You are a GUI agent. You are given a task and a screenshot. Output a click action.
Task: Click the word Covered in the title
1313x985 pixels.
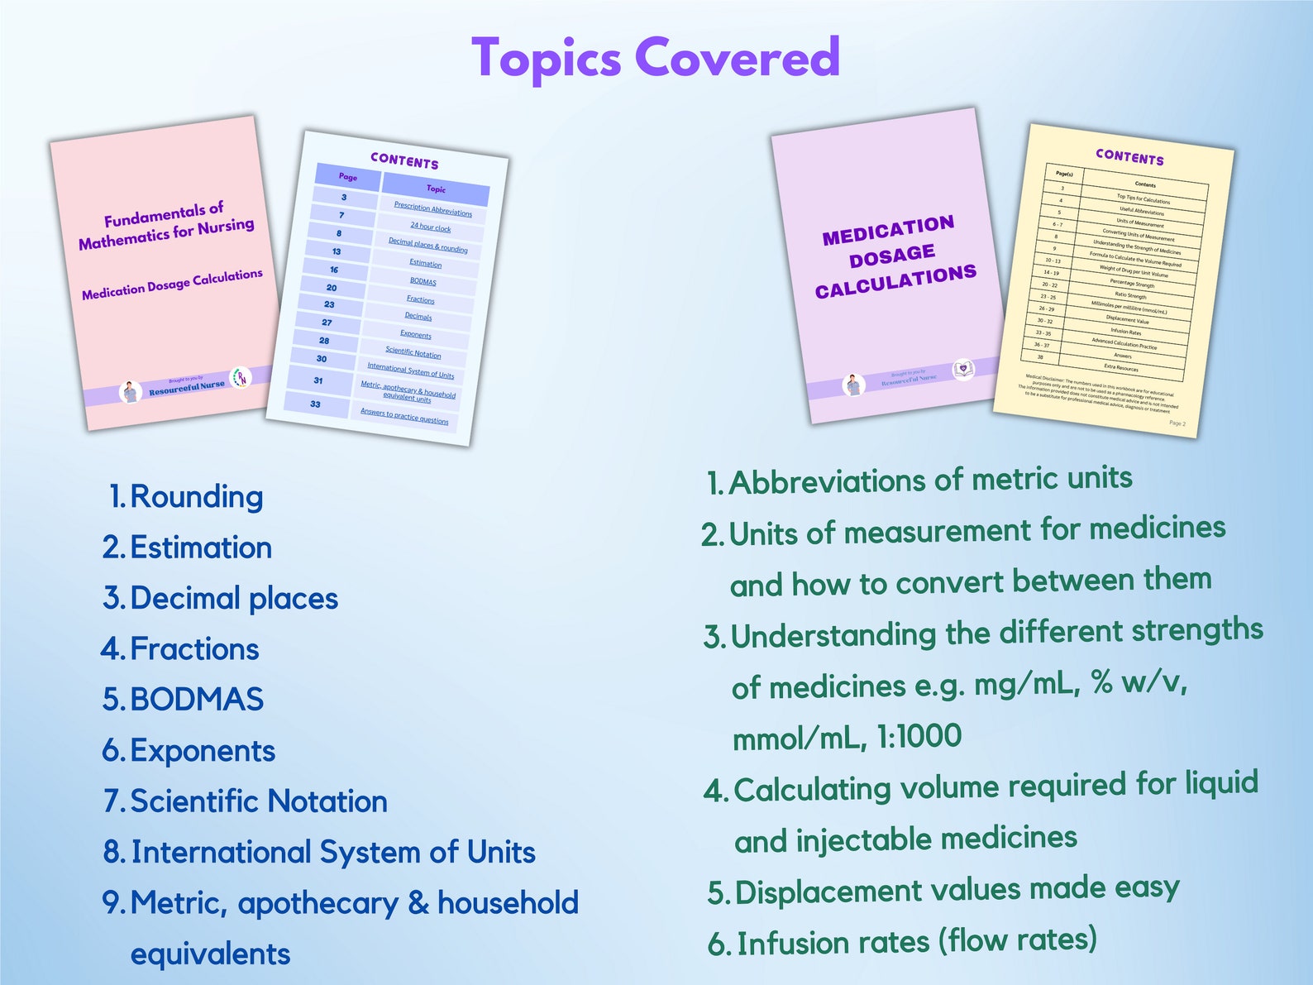737,58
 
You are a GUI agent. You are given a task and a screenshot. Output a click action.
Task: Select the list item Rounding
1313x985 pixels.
197,496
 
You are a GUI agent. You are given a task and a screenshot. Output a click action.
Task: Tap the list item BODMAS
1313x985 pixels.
197,700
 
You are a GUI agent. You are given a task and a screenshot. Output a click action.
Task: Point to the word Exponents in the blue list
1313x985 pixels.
203,751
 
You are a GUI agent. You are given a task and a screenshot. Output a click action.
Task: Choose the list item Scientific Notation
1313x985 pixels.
259,801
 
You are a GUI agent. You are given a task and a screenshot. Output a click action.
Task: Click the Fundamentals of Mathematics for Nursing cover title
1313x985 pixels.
166,225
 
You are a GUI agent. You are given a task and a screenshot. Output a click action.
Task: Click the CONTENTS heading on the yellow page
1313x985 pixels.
1129,157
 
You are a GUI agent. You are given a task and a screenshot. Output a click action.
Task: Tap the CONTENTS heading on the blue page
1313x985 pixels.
404,160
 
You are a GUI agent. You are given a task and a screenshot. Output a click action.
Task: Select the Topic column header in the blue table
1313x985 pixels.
436,189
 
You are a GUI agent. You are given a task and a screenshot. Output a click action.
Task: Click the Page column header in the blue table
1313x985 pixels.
348,177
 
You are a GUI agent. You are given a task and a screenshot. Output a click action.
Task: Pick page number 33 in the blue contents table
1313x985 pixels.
315,404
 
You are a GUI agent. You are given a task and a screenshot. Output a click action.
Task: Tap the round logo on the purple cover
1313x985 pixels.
963,369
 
